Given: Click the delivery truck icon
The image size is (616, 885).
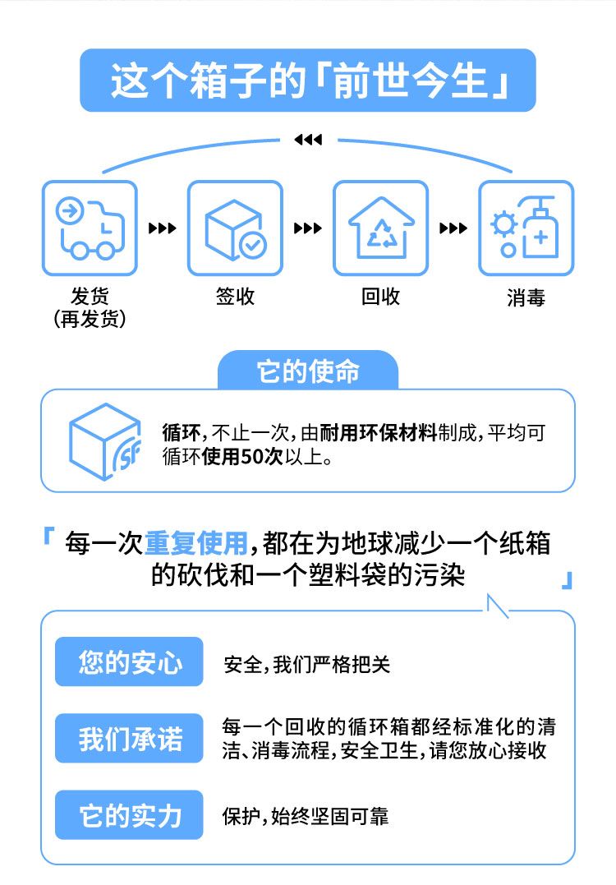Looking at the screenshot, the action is coord(90,228).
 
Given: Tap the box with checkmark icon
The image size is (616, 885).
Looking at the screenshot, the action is coord(235,228).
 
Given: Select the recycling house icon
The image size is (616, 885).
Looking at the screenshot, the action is coord(380,228).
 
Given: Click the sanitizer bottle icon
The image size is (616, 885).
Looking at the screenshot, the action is coord(526,228).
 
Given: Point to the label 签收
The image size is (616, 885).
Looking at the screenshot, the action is coord(235,297).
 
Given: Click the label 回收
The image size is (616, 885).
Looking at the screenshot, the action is coord(380,297).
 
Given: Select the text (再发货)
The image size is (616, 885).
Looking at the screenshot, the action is coord(90,319).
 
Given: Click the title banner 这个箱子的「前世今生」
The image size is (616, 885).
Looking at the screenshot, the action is coord(307,81).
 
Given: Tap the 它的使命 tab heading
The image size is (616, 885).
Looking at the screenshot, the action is coord(308,371).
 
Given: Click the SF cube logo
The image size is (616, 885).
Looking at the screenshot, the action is coord(104,440).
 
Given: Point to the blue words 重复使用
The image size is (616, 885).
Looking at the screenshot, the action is coord(195,543).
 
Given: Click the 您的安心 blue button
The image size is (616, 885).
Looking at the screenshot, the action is coord(129,661).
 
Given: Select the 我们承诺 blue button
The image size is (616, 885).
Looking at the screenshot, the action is coord(129,738).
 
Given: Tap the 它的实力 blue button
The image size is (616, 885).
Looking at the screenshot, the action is coord(129,815).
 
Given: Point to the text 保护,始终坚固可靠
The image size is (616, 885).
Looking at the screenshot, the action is coord(306,816).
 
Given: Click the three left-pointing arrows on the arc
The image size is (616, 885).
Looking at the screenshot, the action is coord(308,140).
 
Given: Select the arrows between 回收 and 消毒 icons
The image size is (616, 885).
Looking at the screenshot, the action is coord(453,228).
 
